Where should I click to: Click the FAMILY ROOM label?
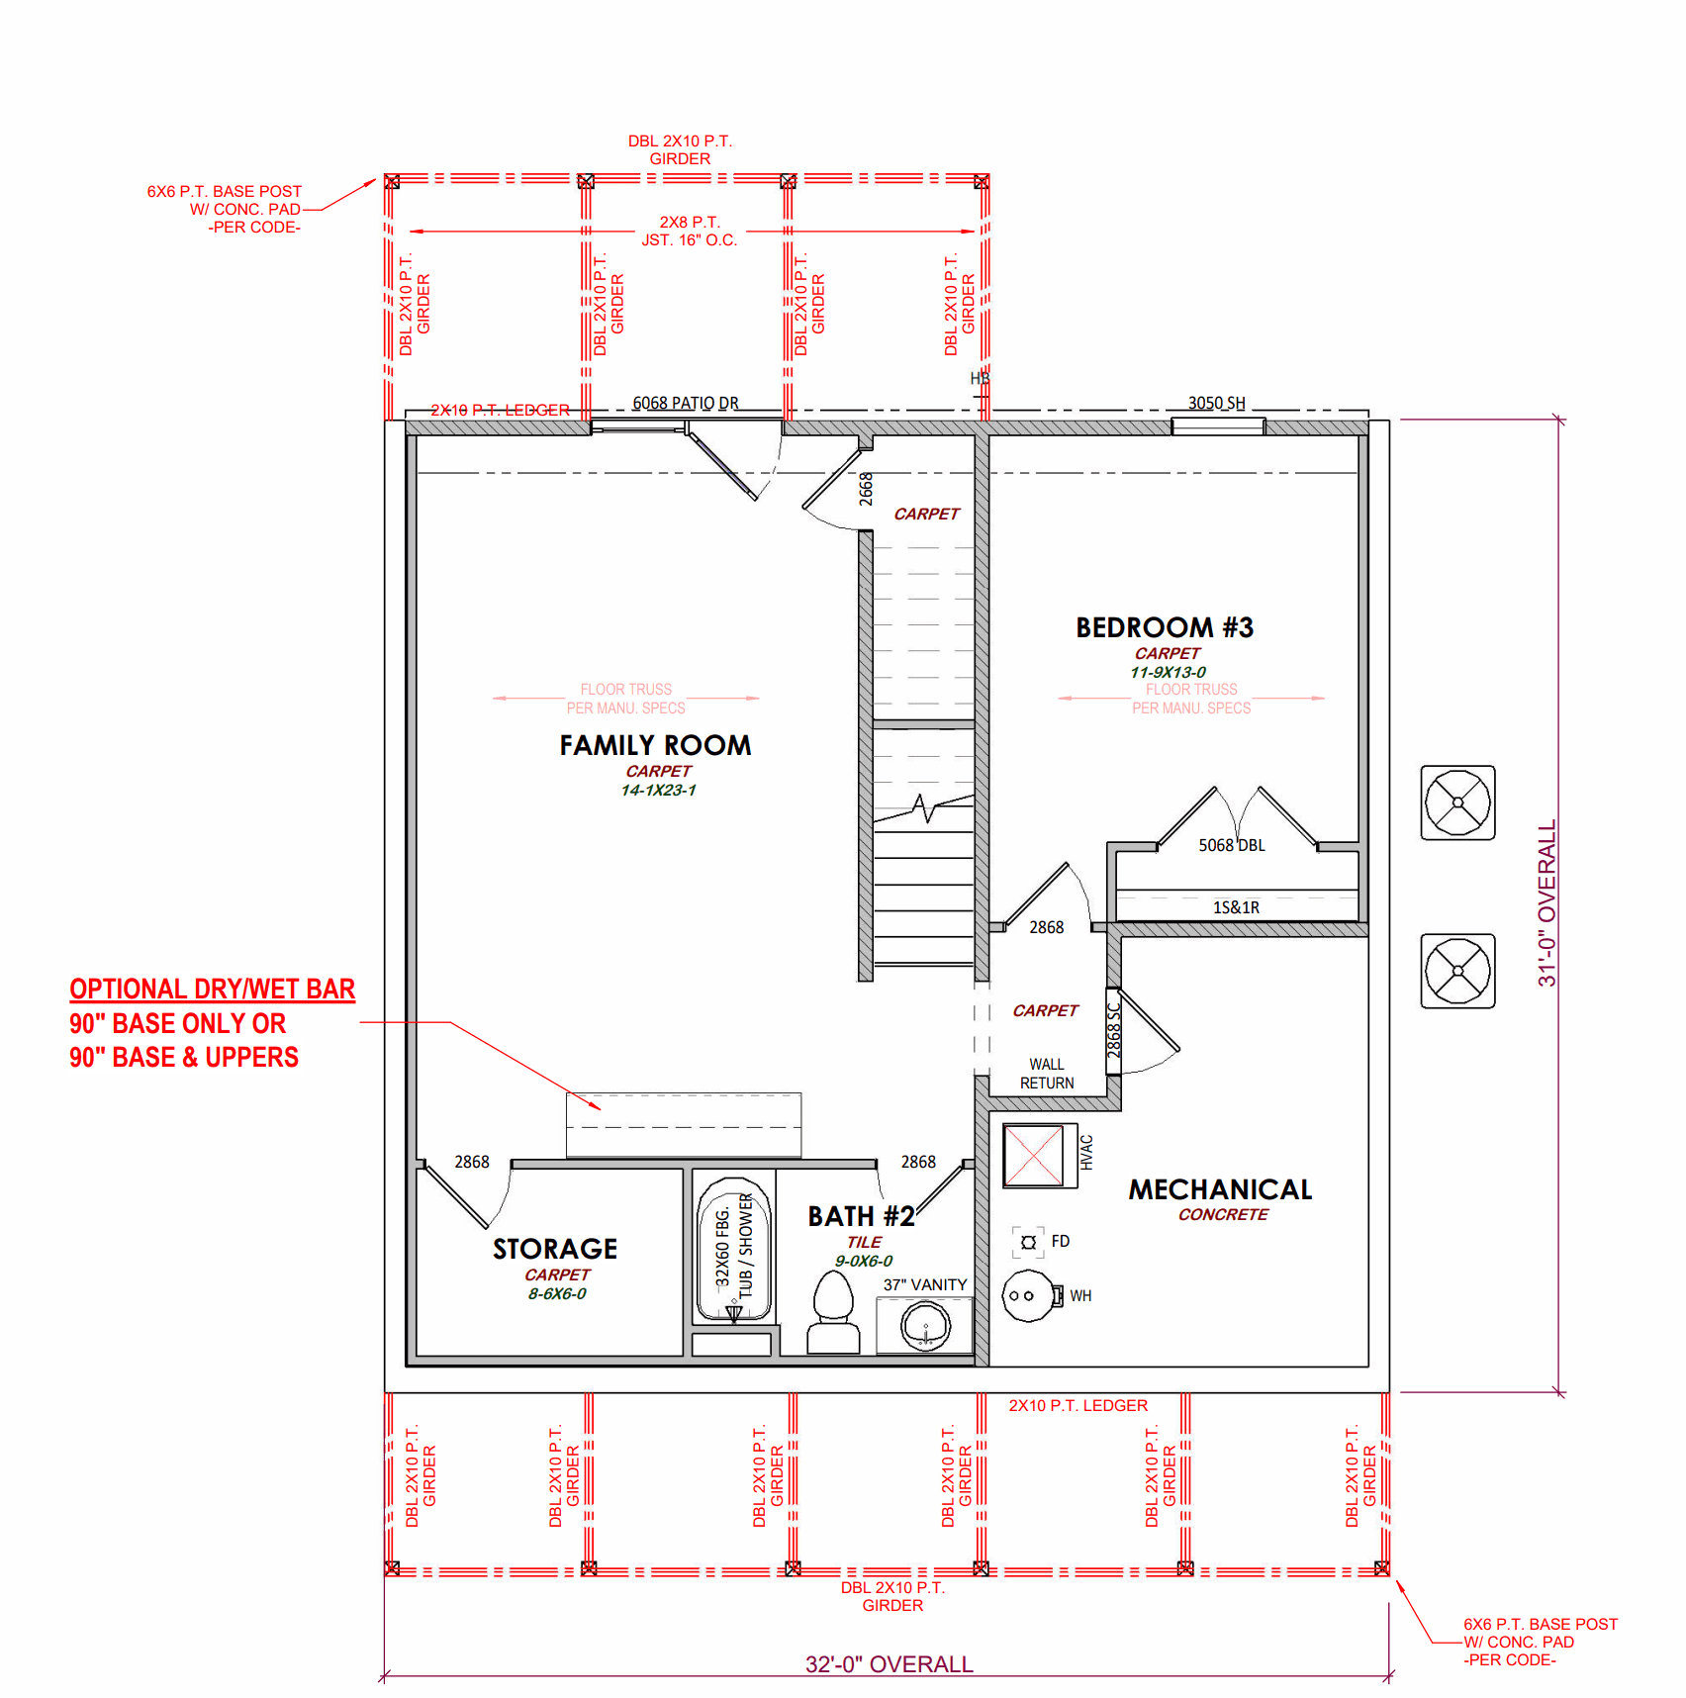coord(655,745)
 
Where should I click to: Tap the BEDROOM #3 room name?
coord(1165,627)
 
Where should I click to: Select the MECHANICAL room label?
coord(1220,1189)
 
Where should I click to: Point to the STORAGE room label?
coord(555,1249)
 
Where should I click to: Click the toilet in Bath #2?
coord(833,1311)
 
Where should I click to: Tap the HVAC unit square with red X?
coord(1033,1155)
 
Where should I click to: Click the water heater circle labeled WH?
coord(1028,1295)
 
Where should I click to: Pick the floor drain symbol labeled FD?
coord(1028,1242)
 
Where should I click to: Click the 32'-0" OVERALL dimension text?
coord(889,1664)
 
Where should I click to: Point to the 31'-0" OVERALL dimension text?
coord(1546,903)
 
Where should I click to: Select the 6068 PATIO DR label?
coord(686,403)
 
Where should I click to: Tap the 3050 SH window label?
coord(1216,403)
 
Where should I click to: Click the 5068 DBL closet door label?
coord(1232,845)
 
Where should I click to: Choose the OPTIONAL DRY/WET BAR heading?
coord(212,990)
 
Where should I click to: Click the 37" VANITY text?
coord(925,1284)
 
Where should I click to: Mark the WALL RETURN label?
coord(1047,1074)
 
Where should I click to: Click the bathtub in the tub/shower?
coord(733,1250)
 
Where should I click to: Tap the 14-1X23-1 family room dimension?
coord(658,790)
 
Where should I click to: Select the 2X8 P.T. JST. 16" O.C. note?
coord(690,231)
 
